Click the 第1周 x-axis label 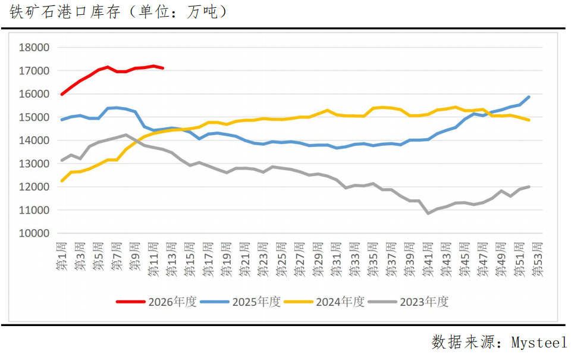62,258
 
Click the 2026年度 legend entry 156,302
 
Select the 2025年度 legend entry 240,302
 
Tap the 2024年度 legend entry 324,302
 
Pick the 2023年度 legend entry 408,302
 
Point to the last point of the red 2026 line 163,68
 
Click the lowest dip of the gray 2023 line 428,213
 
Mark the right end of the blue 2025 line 529,96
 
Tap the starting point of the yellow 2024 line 62,181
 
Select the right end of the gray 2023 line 529,186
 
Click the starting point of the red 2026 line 62,94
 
